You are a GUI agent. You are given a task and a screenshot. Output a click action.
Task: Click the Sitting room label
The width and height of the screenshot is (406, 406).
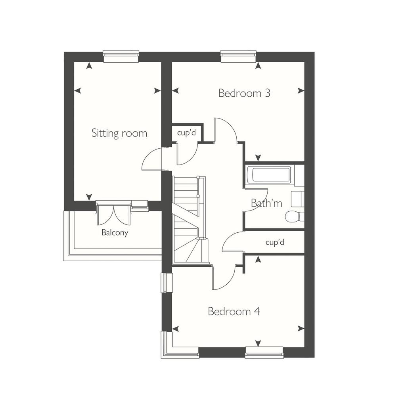point(119,133)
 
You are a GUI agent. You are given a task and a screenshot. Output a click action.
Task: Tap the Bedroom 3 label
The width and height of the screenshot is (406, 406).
point(244,93)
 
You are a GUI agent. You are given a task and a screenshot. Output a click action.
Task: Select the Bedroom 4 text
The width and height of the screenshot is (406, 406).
point(234,311)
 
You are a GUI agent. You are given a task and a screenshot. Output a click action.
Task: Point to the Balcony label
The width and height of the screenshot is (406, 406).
point(115,232)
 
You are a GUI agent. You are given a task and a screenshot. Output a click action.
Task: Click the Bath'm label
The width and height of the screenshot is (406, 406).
point(266,203)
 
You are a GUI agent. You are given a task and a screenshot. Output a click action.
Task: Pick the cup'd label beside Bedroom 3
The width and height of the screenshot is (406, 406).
point(186,133)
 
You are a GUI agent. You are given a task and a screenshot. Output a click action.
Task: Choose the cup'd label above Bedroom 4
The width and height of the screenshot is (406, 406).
point(275,242)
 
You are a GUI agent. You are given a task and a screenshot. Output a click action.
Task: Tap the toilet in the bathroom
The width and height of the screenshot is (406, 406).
point(295,216)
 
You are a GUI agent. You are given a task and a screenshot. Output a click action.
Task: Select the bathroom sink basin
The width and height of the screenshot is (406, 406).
point(297,199)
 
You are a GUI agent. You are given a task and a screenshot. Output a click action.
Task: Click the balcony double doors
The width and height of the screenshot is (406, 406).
point(113,214)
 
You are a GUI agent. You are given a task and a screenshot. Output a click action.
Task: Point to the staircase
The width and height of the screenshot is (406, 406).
point(190,220)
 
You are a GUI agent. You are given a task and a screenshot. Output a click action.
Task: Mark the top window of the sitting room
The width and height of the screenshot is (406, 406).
point(121,56)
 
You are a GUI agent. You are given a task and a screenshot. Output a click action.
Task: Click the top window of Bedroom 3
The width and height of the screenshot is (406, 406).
point(238,56)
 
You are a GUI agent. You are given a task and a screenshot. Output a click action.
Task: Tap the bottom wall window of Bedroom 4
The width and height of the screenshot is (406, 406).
point(264,352)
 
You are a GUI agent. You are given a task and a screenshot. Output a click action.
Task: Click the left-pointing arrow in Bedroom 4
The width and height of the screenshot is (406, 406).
point(176,329)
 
